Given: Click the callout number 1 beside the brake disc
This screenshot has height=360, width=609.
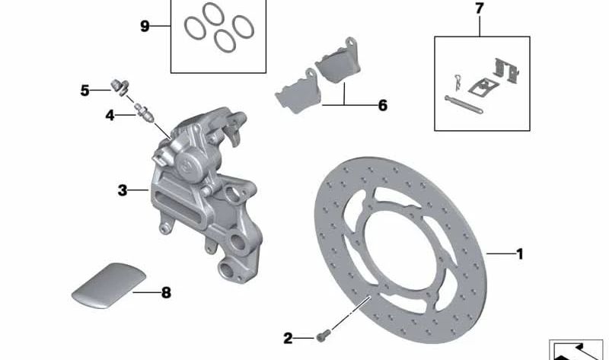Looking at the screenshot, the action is (x=520, y=254).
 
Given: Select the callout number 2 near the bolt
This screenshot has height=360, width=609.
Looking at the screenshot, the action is (x=288, y=338).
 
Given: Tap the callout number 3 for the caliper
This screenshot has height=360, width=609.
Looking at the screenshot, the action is (x=123, y=190).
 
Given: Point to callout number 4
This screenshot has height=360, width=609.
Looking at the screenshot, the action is (x=110, y=115).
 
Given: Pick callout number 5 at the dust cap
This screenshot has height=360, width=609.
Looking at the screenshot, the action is (x=84, y=91).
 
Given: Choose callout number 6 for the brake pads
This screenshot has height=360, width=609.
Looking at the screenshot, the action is (x=383, y=105).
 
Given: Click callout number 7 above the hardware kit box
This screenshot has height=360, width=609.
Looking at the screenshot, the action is (x=480, y=8).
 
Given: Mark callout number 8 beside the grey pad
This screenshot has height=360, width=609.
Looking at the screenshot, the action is (x=166, y=292).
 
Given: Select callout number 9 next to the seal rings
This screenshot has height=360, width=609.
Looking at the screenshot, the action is (x=145, y=27).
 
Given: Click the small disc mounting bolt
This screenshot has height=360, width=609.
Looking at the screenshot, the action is (x=324, y=335).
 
